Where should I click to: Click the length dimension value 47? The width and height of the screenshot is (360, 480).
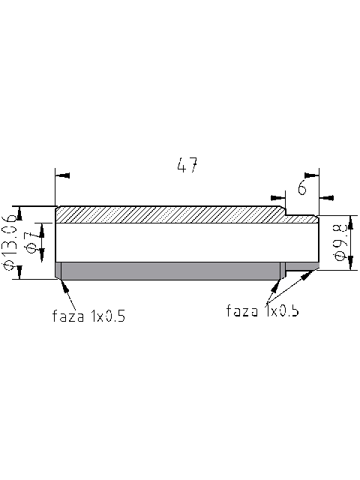coord(187,166)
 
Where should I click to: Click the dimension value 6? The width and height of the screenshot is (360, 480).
coord(301,187)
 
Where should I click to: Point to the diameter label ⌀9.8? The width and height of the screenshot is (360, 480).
coord(339,241)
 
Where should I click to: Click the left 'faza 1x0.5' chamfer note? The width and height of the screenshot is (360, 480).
coord(88,316)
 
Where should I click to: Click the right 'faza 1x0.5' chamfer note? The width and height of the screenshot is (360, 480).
coord(262,310)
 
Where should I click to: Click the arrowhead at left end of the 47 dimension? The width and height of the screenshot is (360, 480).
coord(63,175)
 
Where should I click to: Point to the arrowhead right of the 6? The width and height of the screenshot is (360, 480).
coord(326,196)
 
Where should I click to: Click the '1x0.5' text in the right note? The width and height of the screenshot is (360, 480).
coord(282,310)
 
